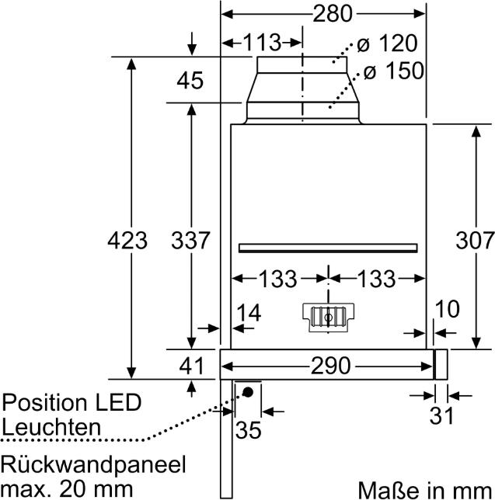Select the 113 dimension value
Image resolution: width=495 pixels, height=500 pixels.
(261, 43)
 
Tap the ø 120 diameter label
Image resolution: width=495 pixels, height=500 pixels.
(390, 43)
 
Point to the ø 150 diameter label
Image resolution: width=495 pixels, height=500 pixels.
(393, 71)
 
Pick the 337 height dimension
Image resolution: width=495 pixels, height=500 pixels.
(190, 241)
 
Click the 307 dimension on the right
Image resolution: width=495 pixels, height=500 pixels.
(473, 241)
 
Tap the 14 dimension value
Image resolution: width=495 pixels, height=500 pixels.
(248, 314)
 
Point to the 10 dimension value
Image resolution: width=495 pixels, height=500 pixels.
(448, 310)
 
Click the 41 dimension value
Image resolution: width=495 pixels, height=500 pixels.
(191, 365)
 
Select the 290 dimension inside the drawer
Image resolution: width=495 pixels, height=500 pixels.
(329, 365)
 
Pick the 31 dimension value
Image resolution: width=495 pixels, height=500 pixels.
(441, 416)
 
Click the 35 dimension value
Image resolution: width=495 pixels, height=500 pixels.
(248, 429)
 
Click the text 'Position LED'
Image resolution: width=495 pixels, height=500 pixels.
(72, 403)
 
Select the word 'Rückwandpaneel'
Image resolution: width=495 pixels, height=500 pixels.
(94, 465)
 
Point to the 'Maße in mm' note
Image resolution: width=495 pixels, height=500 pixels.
(425, 489)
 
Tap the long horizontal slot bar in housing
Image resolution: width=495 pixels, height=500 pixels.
(329, 248)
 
